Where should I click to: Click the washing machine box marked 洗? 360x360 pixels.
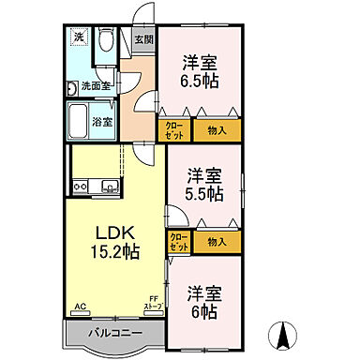coord(79,40)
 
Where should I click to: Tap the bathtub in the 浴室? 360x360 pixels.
coord(78,120)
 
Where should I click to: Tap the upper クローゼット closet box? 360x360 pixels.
coord(175,130)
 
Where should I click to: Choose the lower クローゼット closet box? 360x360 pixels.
coord(178,242)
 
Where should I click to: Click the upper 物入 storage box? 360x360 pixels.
coord(217,130)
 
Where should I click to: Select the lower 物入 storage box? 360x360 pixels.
coord(217,242)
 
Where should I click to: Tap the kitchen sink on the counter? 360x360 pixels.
coord(109,187)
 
